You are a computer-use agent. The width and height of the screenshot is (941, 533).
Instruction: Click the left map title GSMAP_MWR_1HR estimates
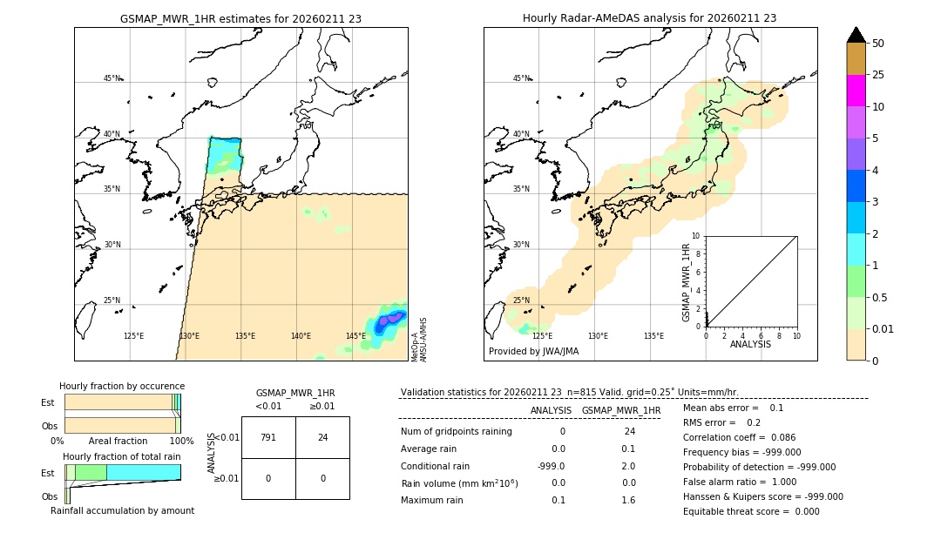pos(240,17)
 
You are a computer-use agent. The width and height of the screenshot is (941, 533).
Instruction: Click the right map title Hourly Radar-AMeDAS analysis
pos(649,17)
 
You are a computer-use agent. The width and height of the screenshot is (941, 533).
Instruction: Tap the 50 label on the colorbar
pos(878,44)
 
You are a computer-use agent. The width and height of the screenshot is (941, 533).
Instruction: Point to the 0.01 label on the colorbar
pos(884,328)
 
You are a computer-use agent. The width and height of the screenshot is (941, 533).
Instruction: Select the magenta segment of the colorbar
pos(856,91)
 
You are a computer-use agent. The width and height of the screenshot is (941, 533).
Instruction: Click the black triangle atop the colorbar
pos(856,35)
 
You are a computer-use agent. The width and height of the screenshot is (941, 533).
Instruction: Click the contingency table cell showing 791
pos(268,437)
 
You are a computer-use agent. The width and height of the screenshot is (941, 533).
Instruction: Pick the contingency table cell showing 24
pos(322,437)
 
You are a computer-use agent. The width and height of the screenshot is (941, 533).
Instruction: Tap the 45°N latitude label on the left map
pos(112,78)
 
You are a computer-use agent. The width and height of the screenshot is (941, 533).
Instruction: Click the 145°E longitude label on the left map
pos(355,336)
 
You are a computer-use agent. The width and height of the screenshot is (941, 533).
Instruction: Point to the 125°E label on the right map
pos(542,336)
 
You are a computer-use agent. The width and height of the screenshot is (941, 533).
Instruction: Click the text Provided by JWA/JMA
pos(533,351)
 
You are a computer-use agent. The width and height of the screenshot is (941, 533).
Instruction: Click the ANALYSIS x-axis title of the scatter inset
pos(750,344)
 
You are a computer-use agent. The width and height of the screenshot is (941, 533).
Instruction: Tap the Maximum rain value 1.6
pos(628,500)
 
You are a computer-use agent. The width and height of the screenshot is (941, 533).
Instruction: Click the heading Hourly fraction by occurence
pos(122,386)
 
